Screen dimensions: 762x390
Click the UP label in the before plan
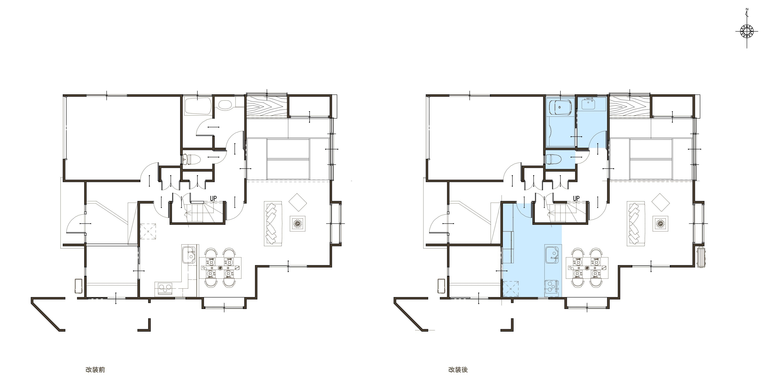[213, 198]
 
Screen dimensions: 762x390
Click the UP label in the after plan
[576, 198]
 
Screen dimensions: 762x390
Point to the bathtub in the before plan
[198, 107]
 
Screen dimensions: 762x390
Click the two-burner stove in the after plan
[551, 286]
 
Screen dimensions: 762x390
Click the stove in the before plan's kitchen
[165, 288]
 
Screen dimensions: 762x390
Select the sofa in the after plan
[636, 224]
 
